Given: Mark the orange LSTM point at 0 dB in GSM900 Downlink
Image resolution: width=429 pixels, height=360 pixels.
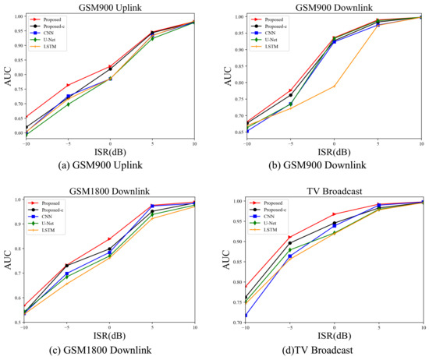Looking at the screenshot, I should coord(335,86).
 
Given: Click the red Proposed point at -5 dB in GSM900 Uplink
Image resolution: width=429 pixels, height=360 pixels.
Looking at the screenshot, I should coord(68,85).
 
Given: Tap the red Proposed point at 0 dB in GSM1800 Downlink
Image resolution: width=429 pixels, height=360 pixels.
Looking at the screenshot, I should coord(110,239).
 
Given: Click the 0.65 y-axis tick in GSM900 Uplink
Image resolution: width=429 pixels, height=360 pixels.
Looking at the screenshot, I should coord(18,117).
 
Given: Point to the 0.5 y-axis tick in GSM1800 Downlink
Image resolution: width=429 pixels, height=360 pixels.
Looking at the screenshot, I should coord(19,322).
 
